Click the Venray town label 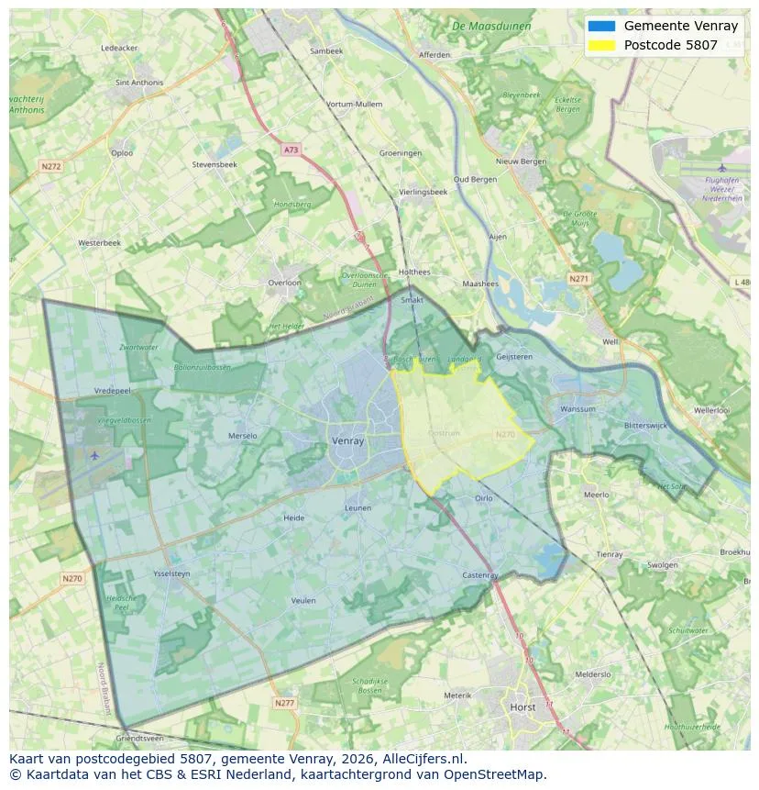pyautogui.click(x=347, y=440)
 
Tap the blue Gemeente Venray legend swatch pyautogui.click(x=602, y=26)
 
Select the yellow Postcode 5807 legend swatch pyautogui.click(x=602, y=45)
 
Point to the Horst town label pyautogui.click(x=523, y=707)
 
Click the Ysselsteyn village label pyautogui.click(x=172, y=573)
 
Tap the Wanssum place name pyautogui.click(x=577, y=409)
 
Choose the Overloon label pyautogui.click(x=284, y=283)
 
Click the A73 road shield pyautogui.click(x=291, y=150)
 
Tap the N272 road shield pyautogui.click(x=50, y=166)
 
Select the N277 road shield pyautogui.click(x=285, y=703)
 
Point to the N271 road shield pyautogui.click(x=578, y=278)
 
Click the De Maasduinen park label pyautogui.click(x=491, y=26)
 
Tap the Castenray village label pyautogui.click(x=479, y=575)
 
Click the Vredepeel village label pyautogui.click(x=113, y=390)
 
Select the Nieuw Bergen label pyautogui.click(x=521, y=161)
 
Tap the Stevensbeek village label pyautogui.click(x=214, y=164)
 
